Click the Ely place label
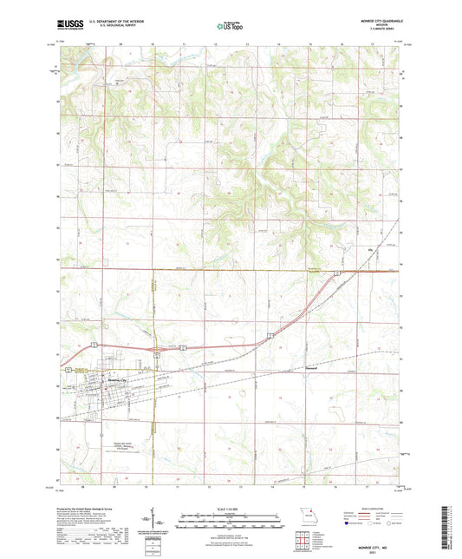(x=373, y=252)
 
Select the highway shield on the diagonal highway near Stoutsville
(x=271, y=333)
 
